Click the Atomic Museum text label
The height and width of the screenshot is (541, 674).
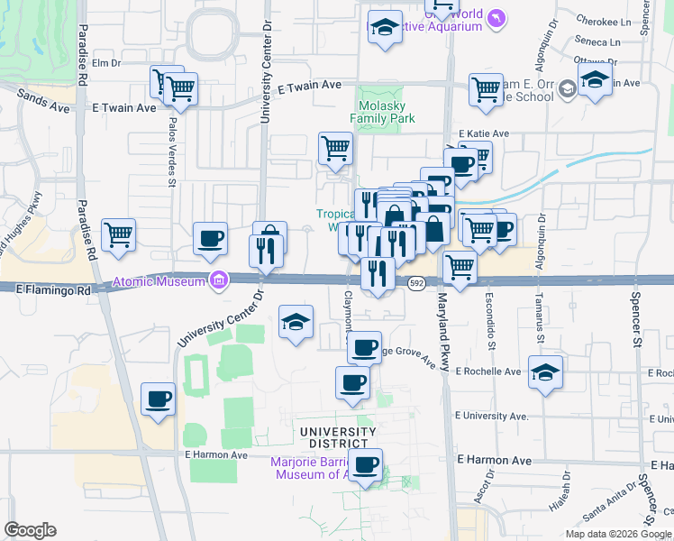coord(159,283)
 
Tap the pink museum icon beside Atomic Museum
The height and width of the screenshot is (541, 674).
coord(217,281)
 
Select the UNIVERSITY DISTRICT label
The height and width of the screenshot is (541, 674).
coord(335,437)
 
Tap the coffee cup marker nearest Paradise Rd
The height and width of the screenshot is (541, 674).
coord(159,399)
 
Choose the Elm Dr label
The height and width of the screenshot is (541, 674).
coord(105,62)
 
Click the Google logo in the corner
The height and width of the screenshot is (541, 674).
coord(30,530)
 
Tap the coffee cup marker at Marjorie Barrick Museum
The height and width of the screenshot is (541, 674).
coord(365,466)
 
